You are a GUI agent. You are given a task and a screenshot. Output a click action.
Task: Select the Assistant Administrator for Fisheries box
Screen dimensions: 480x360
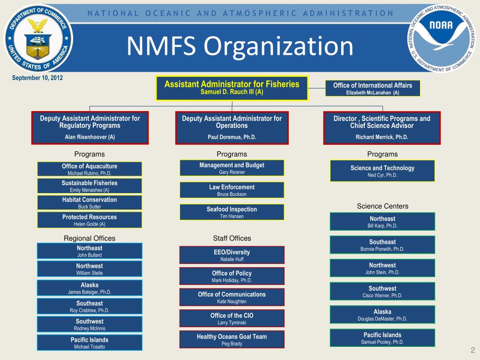point(232,88)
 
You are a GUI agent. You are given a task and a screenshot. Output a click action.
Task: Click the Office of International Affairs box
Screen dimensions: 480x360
point(373,88)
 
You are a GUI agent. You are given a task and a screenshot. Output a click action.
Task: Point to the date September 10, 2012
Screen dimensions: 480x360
point(37,78)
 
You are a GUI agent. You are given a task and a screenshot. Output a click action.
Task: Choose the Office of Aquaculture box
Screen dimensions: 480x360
point(90,169)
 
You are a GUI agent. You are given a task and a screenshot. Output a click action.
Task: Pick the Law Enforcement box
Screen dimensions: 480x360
point(232,190)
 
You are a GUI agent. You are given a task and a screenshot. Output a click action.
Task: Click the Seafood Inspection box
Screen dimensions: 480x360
point(232,212)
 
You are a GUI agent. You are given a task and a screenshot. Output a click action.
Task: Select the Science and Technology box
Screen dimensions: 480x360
point(382,171)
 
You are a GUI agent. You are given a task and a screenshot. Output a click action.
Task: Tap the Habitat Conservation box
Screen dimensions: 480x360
point(90,202)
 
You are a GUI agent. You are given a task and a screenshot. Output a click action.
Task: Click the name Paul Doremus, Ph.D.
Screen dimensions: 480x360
point(232,137)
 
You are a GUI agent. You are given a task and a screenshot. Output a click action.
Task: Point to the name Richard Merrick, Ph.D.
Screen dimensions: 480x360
point(382,137)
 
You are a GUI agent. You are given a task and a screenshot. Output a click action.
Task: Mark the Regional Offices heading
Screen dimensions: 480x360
point(90,238)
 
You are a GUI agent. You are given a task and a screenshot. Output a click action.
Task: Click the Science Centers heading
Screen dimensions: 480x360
point(382,206)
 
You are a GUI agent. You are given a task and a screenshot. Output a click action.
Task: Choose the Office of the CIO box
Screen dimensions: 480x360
point(232,318)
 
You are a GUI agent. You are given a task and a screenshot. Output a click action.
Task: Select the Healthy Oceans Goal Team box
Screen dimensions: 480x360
point(232,339)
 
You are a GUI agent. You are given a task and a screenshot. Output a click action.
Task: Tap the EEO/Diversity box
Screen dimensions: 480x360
point(232,255)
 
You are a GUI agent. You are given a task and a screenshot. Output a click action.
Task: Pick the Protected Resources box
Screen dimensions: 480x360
point(90,220)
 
